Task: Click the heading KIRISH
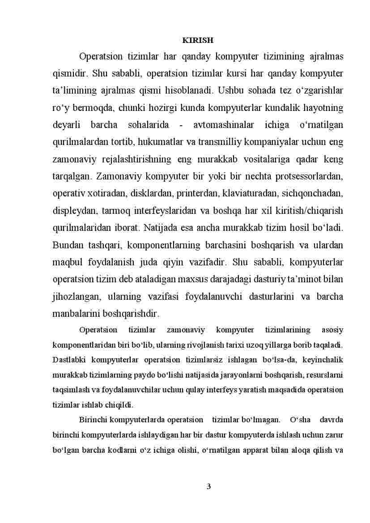point(198,40)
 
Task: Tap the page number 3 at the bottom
point(208,486)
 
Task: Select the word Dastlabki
point(68,360)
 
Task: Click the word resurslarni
point(325,374)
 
